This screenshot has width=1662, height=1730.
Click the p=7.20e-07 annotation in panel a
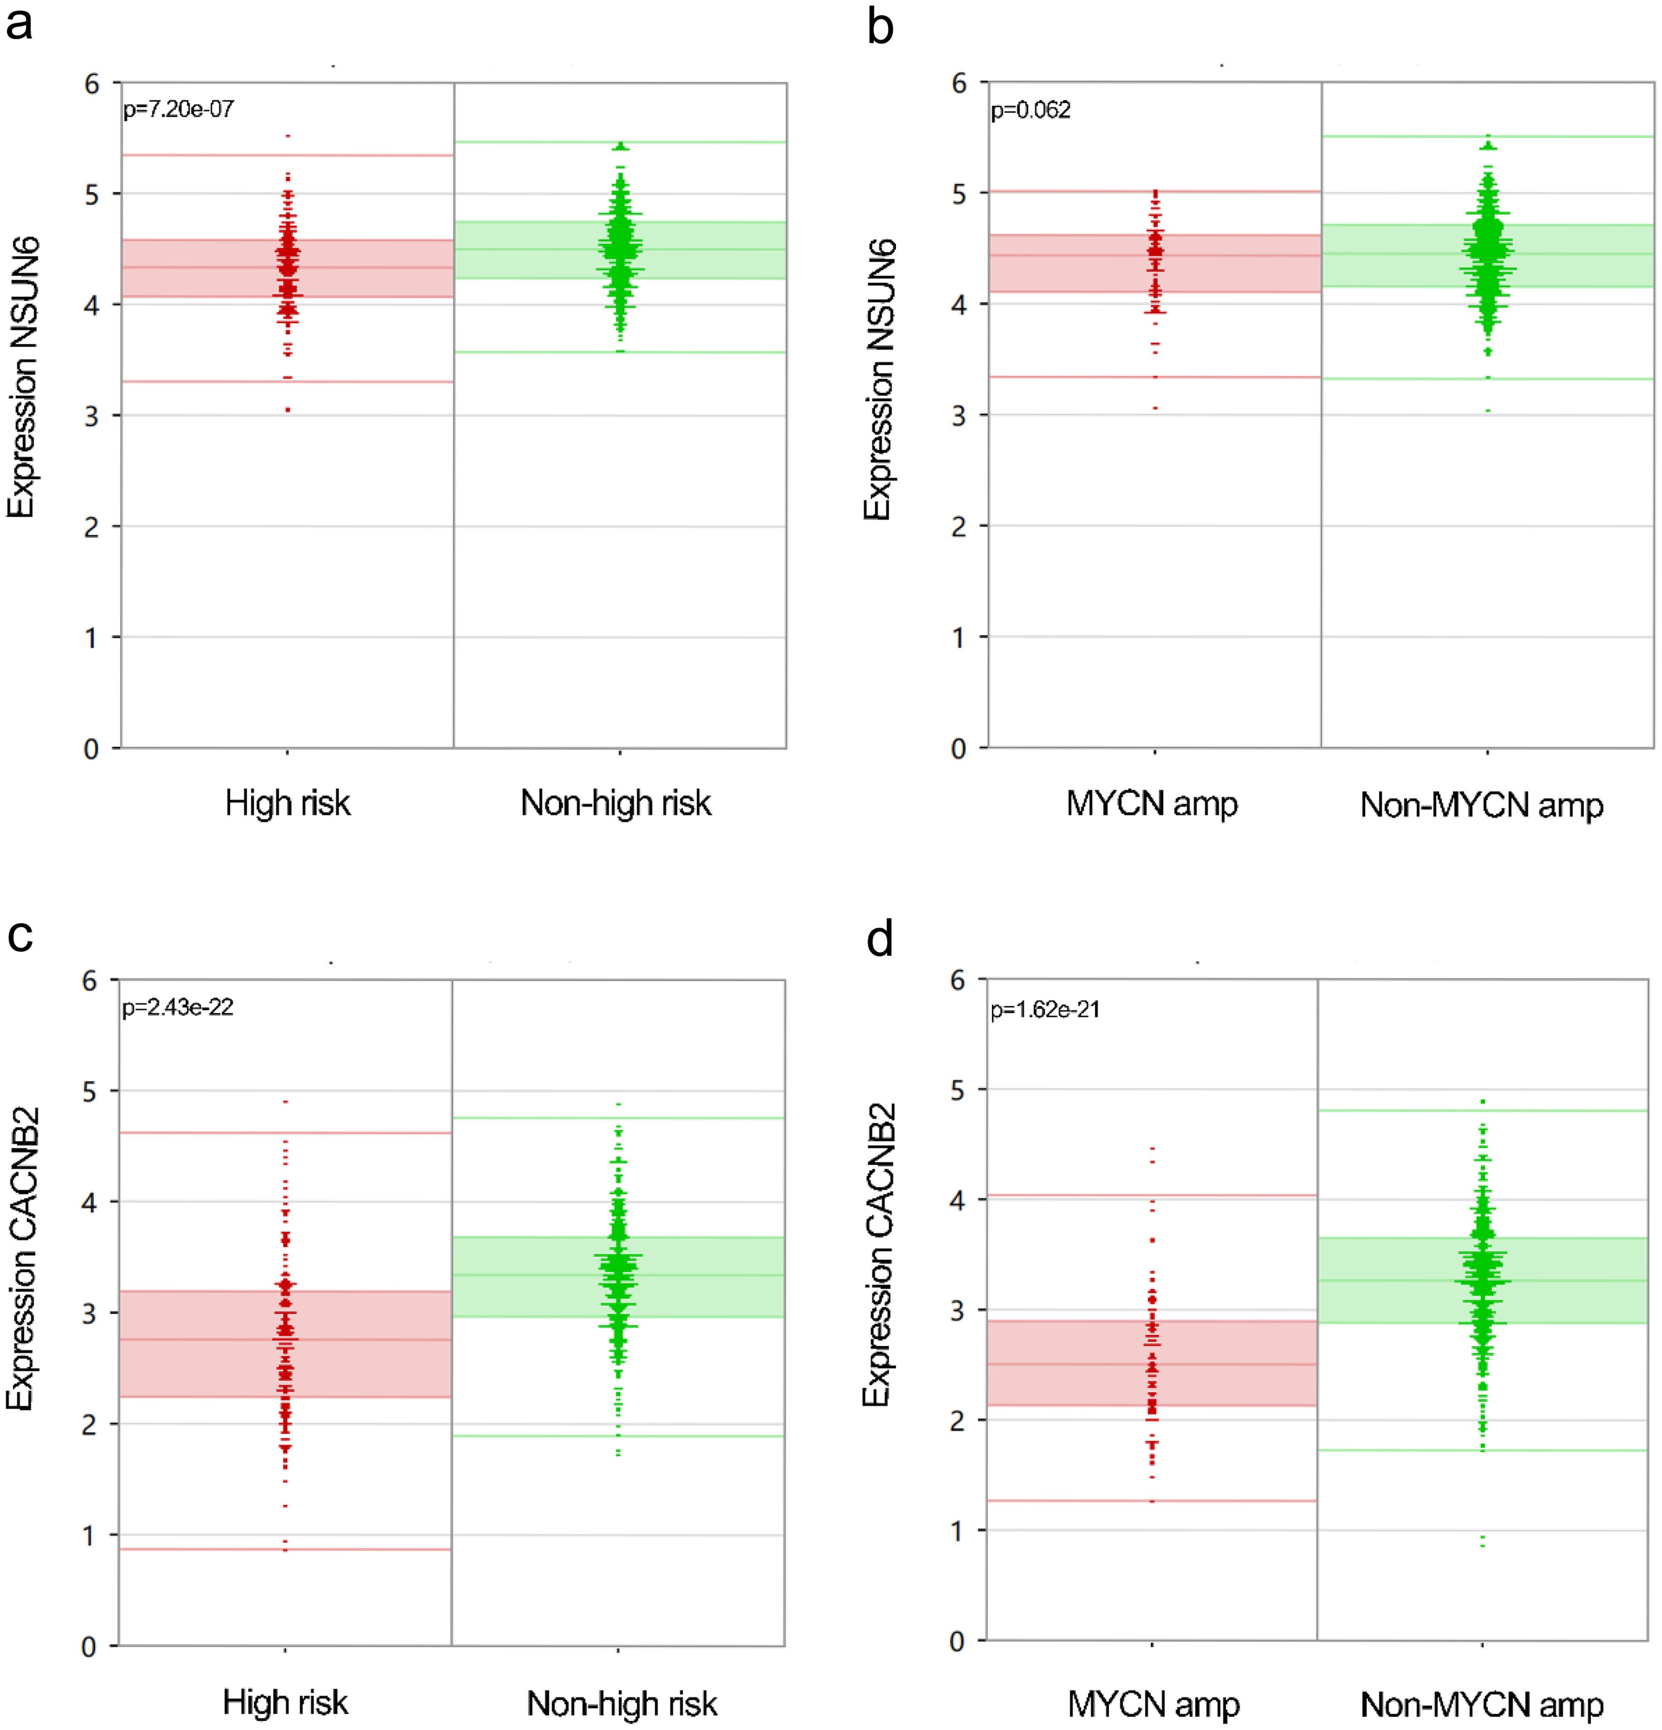pos(178,110)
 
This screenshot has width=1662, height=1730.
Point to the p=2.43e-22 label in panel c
pos(177,1008)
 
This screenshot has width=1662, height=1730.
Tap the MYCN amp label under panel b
pos(1152,803)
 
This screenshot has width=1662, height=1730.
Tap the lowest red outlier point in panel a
pos(288,410)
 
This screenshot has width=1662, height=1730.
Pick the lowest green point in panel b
pos(1488,410)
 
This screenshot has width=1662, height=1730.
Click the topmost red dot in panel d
pos(1153,1148)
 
